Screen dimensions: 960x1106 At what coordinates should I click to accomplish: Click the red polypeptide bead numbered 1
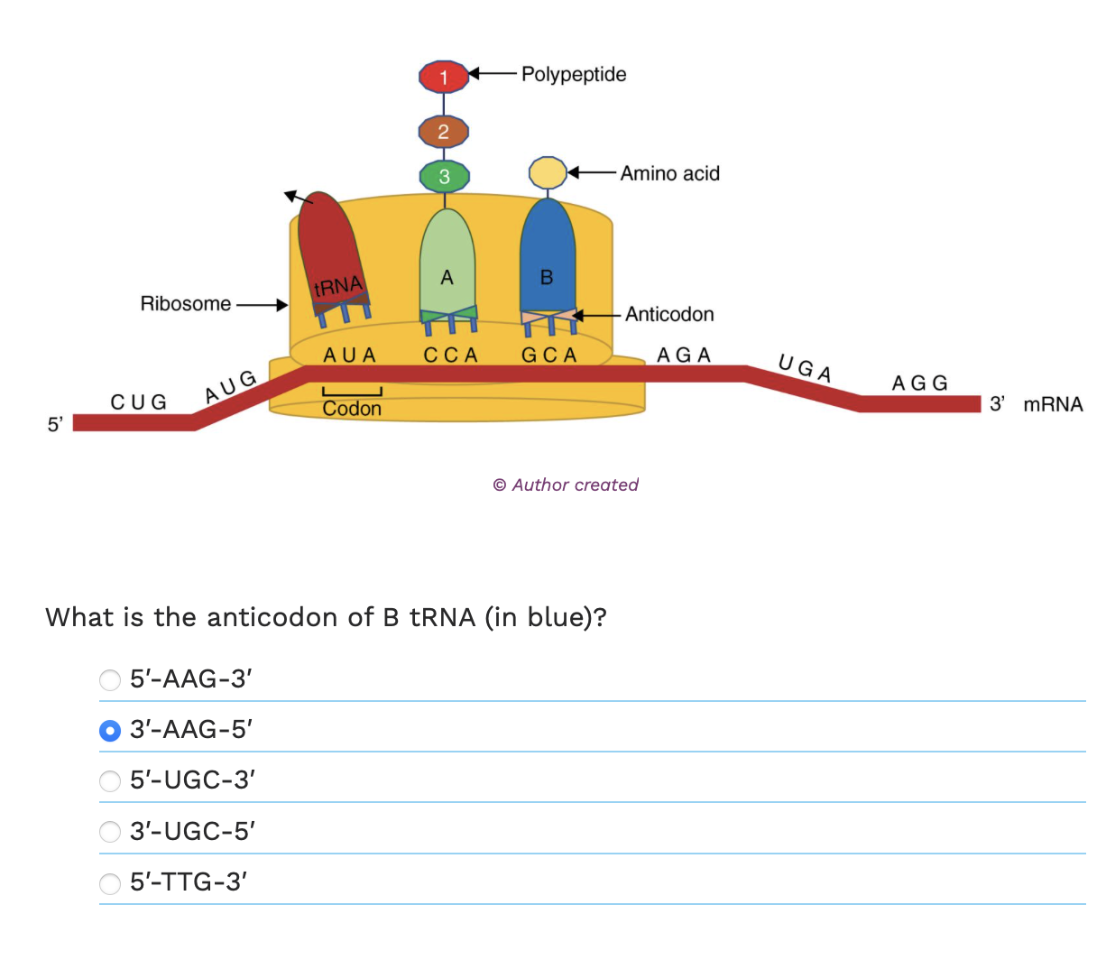(443, 77)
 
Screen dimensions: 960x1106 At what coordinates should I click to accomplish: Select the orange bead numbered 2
(443, 132)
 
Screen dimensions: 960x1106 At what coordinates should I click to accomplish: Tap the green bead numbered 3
(444, 176)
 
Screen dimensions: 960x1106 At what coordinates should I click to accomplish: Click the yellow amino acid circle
(547, 172)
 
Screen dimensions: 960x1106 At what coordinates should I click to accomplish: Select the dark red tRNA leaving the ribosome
(330, 248)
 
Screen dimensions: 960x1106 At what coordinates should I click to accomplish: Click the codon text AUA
(349, 355)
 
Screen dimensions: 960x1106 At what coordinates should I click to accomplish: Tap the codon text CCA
(450, 355)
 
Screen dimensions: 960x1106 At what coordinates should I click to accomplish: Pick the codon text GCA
(548, 355)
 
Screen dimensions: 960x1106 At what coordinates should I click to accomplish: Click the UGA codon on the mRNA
(805, 368)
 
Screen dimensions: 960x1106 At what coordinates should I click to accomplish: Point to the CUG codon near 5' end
(139, 402)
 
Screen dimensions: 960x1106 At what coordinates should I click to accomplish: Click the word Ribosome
(185, 304)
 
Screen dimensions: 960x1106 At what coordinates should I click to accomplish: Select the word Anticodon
(668, 315)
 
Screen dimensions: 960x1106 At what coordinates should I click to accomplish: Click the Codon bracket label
(352, 409)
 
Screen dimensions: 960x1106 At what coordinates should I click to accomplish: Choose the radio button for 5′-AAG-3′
(110, 679)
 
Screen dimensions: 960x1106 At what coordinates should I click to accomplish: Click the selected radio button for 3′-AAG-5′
(110, 730)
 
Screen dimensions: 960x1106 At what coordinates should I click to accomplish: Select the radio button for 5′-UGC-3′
(110, 780)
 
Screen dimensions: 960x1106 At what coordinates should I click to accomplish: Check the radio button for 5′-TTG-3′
(110, 882)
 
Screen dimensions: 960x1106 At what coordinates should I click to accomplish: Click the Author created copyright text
(566, 485)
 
